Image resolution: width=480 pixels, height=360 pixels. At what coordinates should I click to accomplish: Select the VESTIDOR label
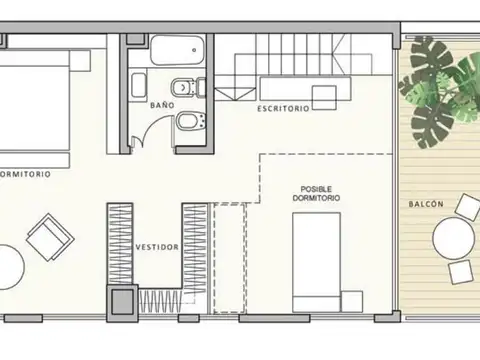point(157,245)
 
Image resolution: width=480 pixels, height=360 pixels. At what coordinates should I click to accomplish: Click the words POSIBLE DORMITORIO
point(316,194)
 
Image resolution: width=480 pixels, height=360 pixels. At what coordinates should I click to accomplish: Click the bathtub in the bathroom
point(176,50)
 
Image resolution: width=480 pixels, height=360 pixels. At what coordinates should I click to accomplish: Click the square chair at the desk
point(322,97)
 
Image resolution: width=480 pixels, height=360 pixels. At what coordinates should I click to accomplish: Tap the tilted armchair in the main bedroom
point(49,238)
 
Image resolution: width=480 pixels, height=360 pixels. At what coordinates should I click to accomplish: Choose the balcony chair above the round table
point(467,207)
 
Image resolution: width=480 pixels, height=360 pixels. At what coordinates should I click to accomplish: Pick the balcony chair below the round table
point(462,272)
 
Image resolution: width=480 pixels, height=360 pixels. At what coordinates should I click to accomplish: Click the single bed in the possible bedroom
point(318,258)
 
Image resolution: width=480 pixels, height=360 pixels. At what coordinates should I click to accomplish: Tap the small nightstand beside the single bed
point(352,299)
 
